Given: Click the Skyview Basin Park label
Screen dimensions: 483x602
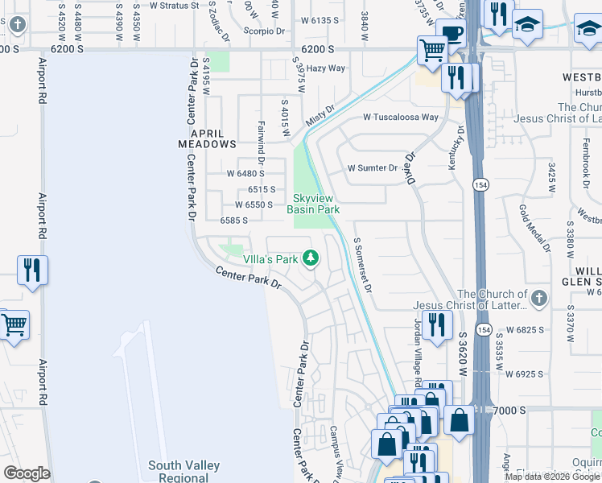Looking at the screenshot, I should (315, 204).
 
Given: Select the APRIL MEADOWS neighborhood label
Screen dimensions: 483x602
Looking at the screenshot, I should (207, 138).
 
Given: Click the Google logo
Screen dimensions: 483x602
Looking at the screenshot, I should (27, 473).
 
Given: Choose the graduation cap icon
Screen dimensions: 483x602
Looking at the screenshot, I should (527, 24).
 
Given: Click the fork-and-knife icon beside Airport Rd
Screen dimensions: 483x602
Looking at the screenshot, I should (32, 270).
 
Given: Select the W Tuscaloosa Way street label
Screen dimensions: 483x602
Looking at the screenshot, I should (400, 117).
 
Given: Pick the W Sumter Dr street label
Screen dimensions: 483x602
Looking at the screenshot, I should (372, 168).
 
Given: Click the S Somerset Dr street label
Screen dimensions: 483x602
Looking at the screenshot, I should (364, 266).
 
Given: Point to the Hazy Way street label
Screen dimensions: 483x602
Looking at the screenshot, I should (325, 68).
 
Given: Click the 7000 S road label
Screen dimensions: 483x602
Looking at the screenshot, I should (509, 410).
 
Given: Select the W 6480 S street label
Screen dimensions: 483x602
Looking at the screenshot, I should (245, 173).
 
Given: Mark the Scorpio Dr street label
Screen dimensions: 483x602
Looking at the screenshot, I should (265, 31).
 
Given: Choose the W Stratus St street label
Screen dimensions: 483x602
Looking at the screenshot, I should (169, 6).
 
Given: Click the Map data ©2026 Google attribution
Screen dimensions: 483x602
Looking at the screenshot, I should (553, 477).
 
